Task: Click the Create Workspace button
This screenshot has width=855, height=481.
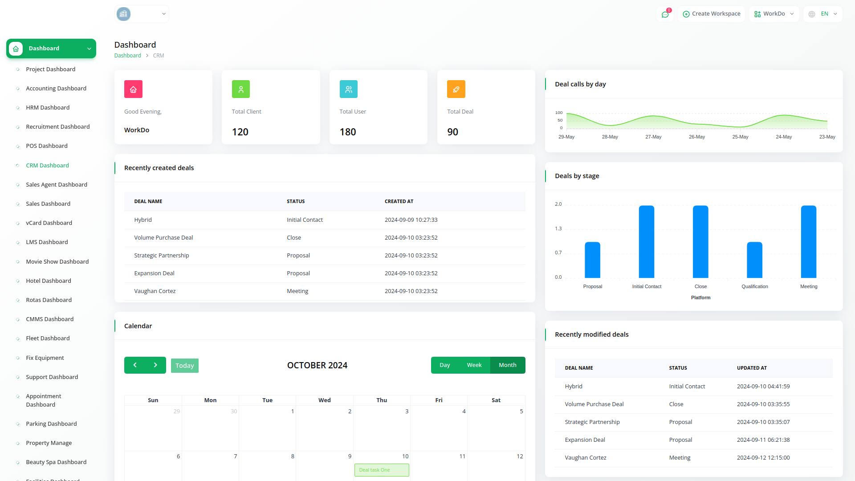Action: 711,14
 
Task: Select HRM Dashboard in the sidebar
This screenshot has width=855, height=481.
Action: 48,107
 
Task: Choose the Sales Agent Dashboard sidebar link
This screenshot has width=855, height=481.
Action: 57,184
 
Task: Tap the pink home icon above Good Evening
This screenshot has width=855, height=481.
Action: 133,89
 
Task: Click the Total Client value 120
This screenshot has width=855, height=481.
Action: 240,132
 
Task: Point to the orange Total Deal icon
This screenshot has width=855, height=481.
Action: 456,89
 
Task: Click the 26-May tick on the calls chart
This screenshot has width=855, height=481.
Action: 696,137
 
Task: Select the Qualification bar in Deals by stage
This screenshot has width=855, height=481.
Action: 754,260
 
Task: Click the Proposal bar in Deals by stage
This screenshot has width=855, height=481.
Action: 592,260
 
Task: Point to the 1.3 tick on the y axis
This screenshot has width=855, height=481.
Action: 558,228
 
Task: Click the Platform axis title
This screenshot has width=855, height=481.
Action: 700,298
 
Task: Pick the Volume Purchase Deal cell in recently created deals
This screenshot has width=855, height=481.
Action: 163,237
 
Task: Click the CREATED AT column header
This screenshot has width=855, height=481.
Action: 399,201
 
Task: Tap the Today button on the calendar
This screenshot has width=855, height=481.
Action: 184,366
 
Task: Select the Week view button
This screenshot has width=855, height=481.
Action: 474,365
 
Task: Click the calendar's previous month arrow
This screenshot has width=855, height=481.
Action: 135,365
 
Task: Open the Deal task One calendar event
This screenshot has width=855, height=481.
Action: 382,470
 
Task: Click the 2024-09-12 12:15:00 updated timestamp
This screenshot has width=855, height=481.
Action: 763,457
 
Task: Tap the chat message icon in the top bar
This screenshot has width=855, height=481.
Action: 665,14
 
